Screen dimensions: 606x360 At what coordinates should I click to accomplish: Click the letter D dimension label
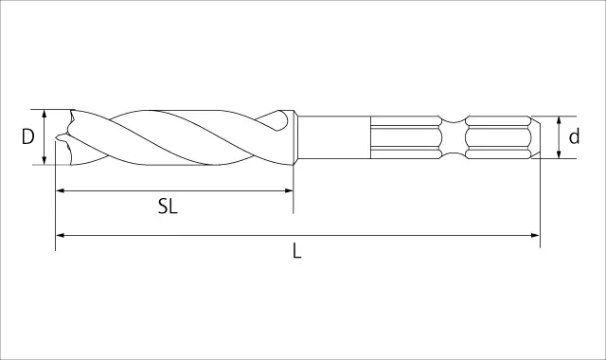[27, 136]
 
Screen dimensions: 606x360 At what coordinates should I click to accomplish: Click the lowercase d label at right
[574, 136]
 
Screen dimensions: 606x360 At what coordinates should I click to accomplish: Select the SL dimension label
[168, 207]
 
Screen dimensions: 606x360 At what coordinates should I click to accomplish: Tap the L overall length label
[296, 250]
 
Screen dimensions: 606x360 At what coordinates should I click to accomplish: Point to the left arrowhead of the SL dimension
[60, 190]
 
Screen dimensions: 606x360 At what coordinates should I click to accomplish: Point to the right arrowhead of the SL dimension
[289, 190]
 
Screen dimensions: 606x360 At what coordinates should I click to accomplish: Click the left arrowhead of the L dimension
[60, 235]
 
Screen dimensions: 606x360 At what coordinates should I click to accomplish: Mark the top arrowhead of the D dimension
[45, 114]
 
